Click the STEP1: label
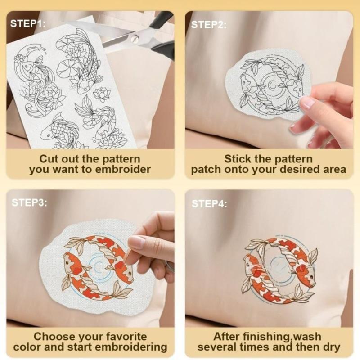point(28,23)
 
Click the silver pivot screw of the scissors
point(133,39)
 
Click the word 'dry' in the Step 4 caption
point(331,347)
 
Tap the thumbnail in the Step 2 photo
point(308,103)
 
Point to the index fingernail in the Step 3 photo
point(136,243)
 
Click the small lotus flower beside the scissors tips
point(101,94)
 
